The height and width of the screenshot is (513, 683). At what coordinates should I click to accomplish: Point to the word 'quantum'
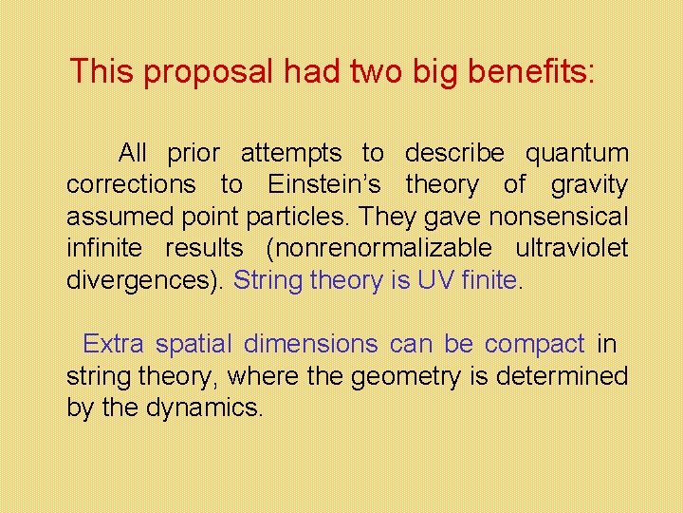point(577,153)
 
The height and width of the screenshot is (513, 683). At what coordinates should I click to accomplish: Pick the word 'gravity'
point(590,185)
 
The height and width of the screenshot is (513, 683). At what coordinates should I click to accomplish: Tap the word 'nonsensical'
point(559,218)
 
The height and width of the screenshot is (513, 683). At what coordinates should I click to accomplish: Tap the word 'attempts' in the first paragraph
point(291,153)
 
